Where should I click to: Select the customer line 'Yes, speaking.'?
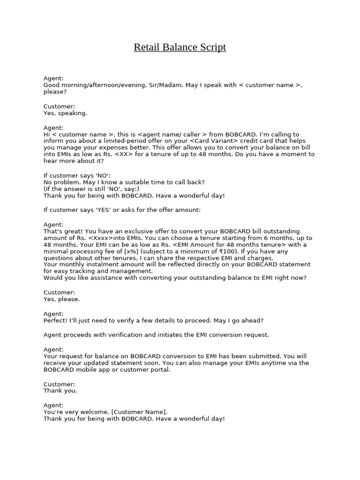pyautogui.click(x=65, y=113)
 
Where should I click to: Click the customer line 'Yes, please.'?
pyautogui.click(x=61, y=299)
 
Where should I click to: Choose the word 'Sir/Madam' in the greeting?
pyautogui.click(x=166, y=85)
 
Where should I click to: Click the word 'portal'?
pyautogui.click(x=160, y=369)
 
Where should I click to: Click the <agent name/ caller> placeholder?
pyautogui.click(x=173, y=135)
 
